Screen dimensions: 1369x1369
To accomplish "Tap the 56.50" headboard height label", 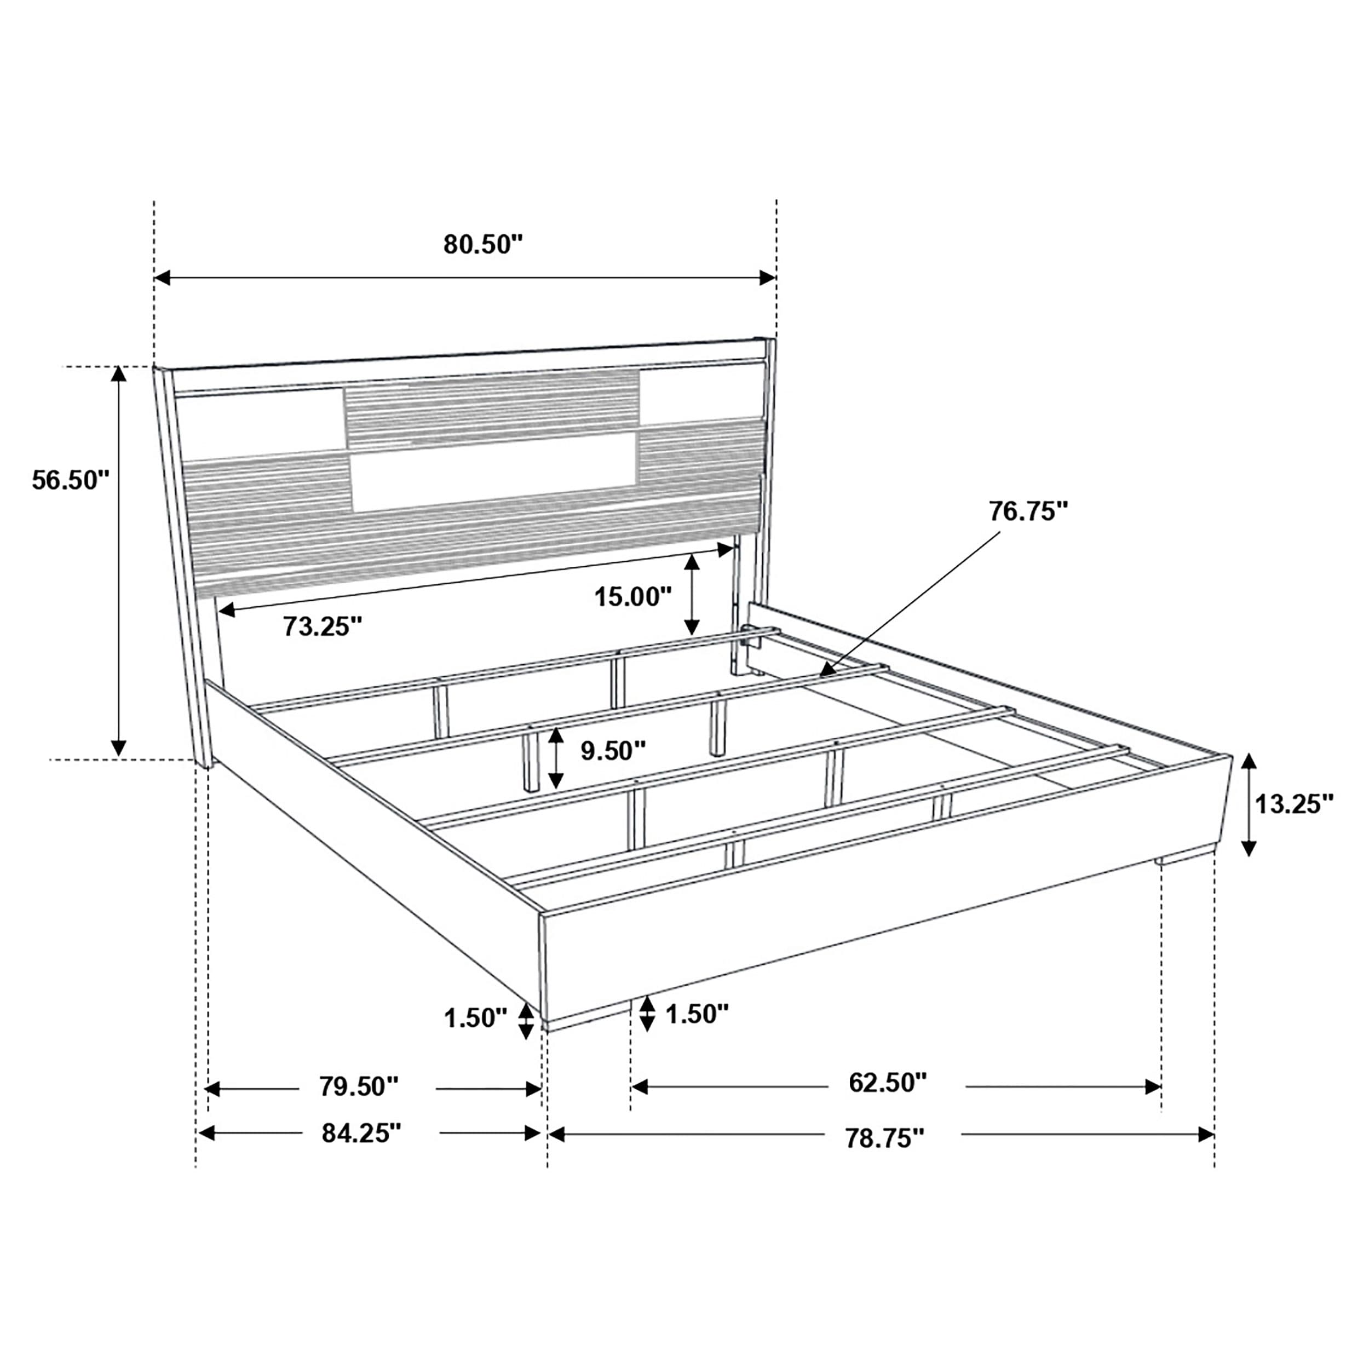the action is click(x=71, y=480).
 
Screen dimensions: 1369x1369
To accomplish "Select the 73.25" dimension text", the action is click(x=323, y=626).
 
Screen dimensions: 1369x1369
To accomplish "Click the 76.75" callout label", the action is click(x=1028, y=511).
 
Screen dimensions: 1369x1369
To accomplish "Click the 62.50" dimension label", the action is click(x=888, y=1082).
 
